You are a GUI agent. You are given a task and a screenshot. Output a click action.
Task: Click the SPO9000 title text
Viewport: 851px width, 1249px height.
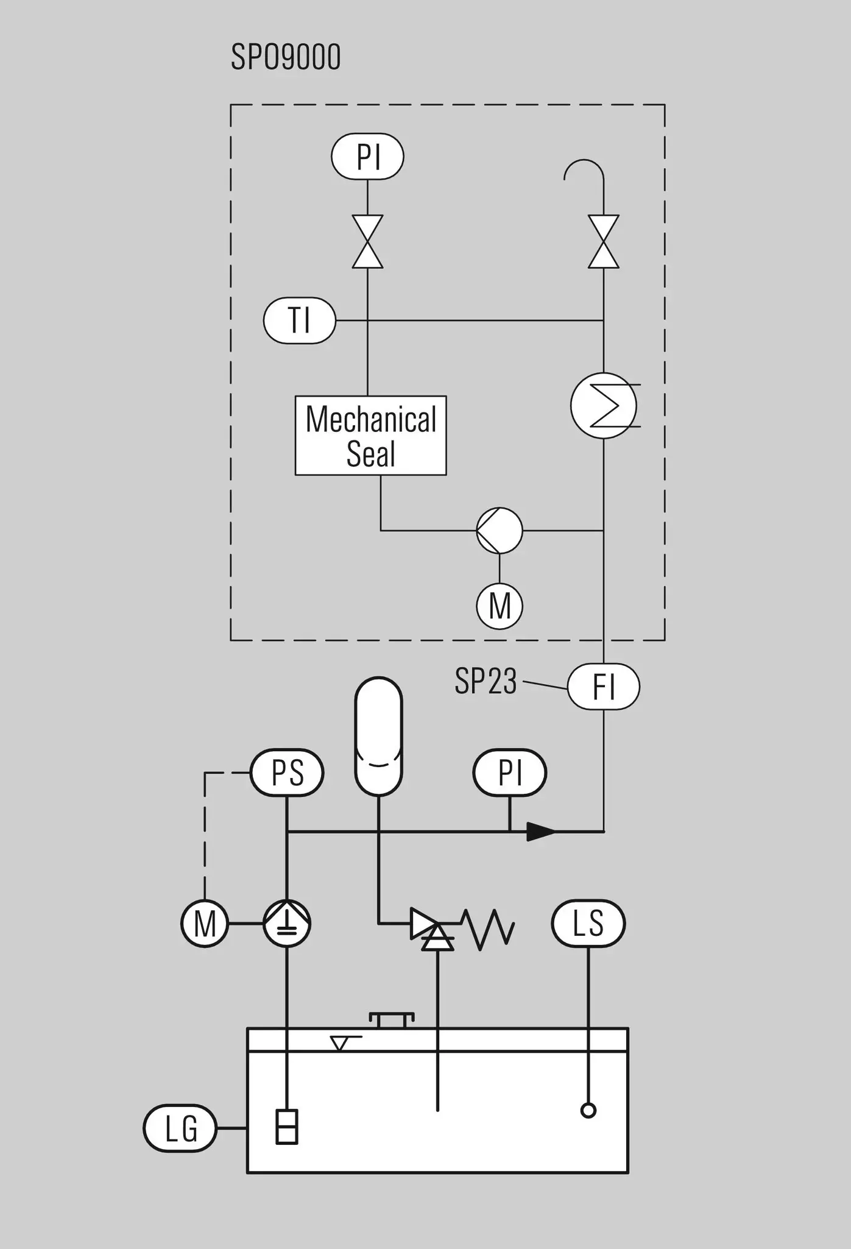tap(286, 58)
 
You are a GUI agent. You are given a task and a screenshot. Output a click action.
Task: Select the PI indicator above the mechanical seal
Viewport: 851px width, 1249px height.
tap(367, 157)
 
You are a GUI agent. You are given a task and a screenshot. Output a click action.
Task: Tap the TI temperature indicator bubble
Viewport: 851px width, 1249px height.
tap(300, 320)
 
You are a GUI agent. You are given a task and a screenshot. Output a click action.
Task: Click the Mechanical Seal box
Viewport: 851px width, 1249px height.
tap(371, 436)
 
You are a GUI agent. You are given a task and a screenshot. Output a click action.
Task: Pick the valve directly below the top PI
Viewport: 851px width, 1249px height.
tap(368, 242)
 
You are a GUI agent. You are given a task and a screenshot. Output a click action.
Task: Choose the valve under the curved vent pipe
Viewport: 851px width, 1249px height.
tap(604, 242)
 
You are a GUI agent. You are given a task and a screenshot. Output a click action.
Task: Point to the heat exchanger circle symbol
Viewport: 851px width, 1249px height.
tap(604, 406)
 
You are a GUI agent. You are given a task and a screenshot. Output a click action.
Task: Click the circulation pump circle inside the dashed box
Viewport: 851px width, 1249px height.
tap(500, 531)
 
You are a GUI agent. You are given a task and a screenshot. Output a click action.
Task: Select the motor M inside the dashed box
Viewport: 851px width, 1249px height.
tap(500, 606)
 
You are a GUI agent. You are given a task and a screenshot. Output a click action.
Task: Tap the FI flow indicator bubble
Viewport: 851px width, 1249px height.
tap(604, 687)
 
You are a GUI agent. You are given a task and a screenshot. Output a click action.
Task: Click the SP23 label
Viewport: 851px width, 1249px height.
tap(486, 681)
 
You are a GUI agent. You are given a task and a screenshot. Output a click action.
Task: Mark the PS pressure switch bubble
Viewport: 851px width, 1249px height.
tap(287, 773)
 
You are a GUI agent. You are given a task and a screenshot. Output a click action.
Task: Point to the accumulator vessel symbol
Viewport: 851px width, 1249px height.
tap(378, 737)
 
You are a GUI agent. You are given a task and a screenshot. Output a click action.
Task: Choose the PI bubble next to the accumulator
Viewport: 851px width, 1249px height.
tap(510, 773)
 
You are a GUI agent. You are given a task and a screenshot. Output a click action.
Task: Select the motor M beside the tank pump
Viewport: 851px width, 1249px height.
tap(205, 924)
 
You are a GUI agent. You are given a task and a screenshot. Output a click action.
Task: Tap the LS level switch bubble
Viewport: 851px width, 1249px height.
tap(588, 924)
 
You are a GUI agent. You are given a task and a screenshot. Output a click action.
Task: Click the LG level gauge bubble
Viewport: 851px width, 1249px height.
tap(180, 1128)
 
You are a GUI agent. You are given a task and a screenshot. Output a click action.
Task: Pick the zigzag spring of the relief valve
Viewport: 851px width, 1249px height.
tap(488, 930)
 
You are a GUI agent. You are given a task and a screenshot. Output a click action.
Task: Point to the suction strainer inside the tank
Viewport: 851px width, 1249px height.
tap(287, 1127)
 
